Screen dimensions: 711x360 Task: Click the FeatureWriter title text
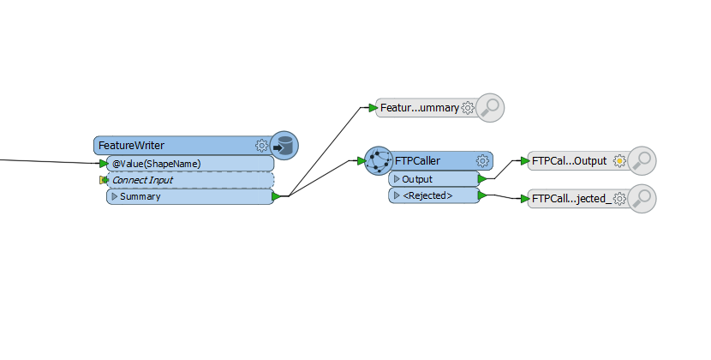click(x=131, y=146)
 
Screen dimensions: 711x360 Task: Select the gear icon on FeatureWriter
click(x=261, y=146)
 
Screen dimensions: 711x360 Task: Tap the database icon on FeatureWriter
click(x=284, y=146)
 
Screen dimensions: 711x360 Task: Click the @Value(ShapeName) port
click(x=190, y=164)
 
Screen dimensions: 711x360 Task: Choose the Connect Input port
click(x=190, y=180)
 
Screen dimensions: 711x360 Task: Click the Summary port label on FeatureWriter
click(x=140, y=196)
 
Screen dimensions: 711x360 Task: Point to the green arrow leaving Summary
click(x=276, y=196)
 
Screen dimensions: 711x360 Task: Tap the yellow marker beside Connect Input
click(x=104, y=180)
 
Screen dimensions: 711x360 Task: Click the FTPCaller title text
click(x=417, y=161)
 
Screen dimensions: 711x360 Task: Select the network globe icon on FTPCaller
click(x=379, y=160)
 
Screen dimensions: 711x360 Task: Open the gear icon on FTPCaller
click(x=482, y=161)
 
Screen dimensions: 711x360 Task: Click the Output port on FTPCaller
click(x=433, y=179)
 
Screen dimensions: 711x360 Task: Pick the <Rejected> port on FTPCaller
click(x=433, y=195)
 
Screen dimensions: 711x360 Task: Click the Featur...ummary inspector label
click(x=420, y=108)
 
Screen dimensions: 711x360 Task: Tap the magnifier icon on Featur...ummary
click(x=490, y=108)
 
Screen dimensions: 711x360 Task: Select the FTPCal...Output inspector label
click(x=569, y=161)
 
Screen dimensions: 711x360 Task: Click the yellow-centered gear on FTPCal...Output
click(x=619, y=161)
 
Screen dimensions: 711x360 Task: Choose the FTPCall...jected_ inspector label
click(x=571, y=199)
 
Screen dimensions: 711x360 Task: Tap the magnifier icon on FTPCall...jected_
click(x=642, y=198)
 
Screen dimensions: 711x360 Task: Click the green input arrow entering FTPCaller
click(x=361, y=160)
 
